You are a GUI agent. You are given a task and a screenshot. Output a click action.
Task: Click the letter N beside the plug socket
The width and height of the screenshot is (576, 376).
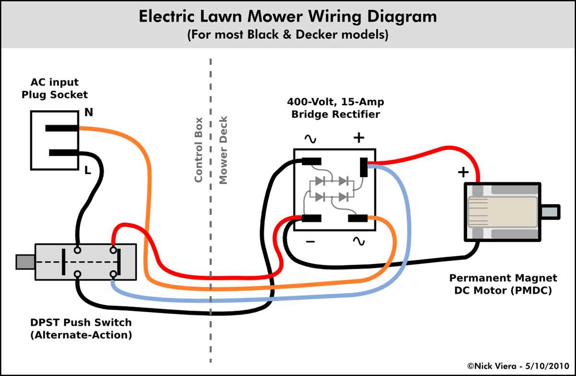coord(89,112)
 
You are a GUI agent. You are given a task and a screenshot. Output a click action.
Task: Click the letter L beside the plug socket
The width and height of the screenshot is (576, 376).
coord(88,170)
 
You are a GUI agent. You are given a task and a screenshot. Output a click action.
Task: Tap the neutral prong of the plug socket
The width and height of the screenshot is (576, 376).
coord(62,128)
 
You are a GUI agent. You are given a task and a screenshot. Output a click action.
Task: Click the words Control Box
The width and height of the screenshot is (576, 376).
coord(198,150)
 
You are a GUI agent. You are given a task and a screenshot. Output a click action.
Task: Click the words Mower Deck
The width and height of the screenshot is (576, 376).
coord(223,150)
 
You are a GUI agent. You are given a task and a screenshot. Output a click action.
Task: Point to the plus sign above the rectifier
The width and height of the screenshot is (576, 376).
coord(359,138)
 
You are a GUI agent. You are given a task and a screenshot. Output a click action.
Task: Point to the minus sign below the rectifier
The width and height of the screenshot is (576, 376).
coord(310,241)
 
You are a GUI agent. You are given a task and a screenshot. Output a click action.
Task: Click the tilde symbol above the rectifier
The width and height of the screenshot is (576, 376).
coord(310,139)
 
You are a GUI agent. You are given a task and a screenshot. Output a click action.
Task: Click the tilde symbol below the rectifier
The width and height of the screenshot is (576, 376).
coord(359,241)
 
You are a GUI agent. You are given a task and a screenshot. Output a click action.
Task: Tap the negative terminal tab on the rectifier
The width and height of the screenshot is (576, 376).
coord(311,218)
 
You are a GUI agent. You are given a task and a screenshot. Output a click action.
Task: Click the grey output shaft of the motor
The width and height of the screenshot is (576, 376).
coord(550,212)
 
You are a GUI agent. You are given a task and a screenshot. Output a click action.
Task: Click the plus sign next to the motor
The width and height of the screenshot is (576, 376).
coord(463,172)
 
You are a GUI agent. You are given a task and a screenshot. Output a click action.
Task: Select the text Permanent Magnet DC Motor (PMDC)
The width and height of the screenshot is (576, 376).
coord(503,284)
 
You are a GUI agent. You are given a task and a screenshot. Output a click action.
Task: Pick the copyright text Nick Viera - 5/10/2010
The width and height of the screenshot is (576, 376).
coord(517,366)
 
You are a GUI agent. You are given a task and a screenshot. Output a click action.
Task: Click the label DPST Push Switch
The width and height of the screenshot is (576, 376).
coord(81,322)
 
